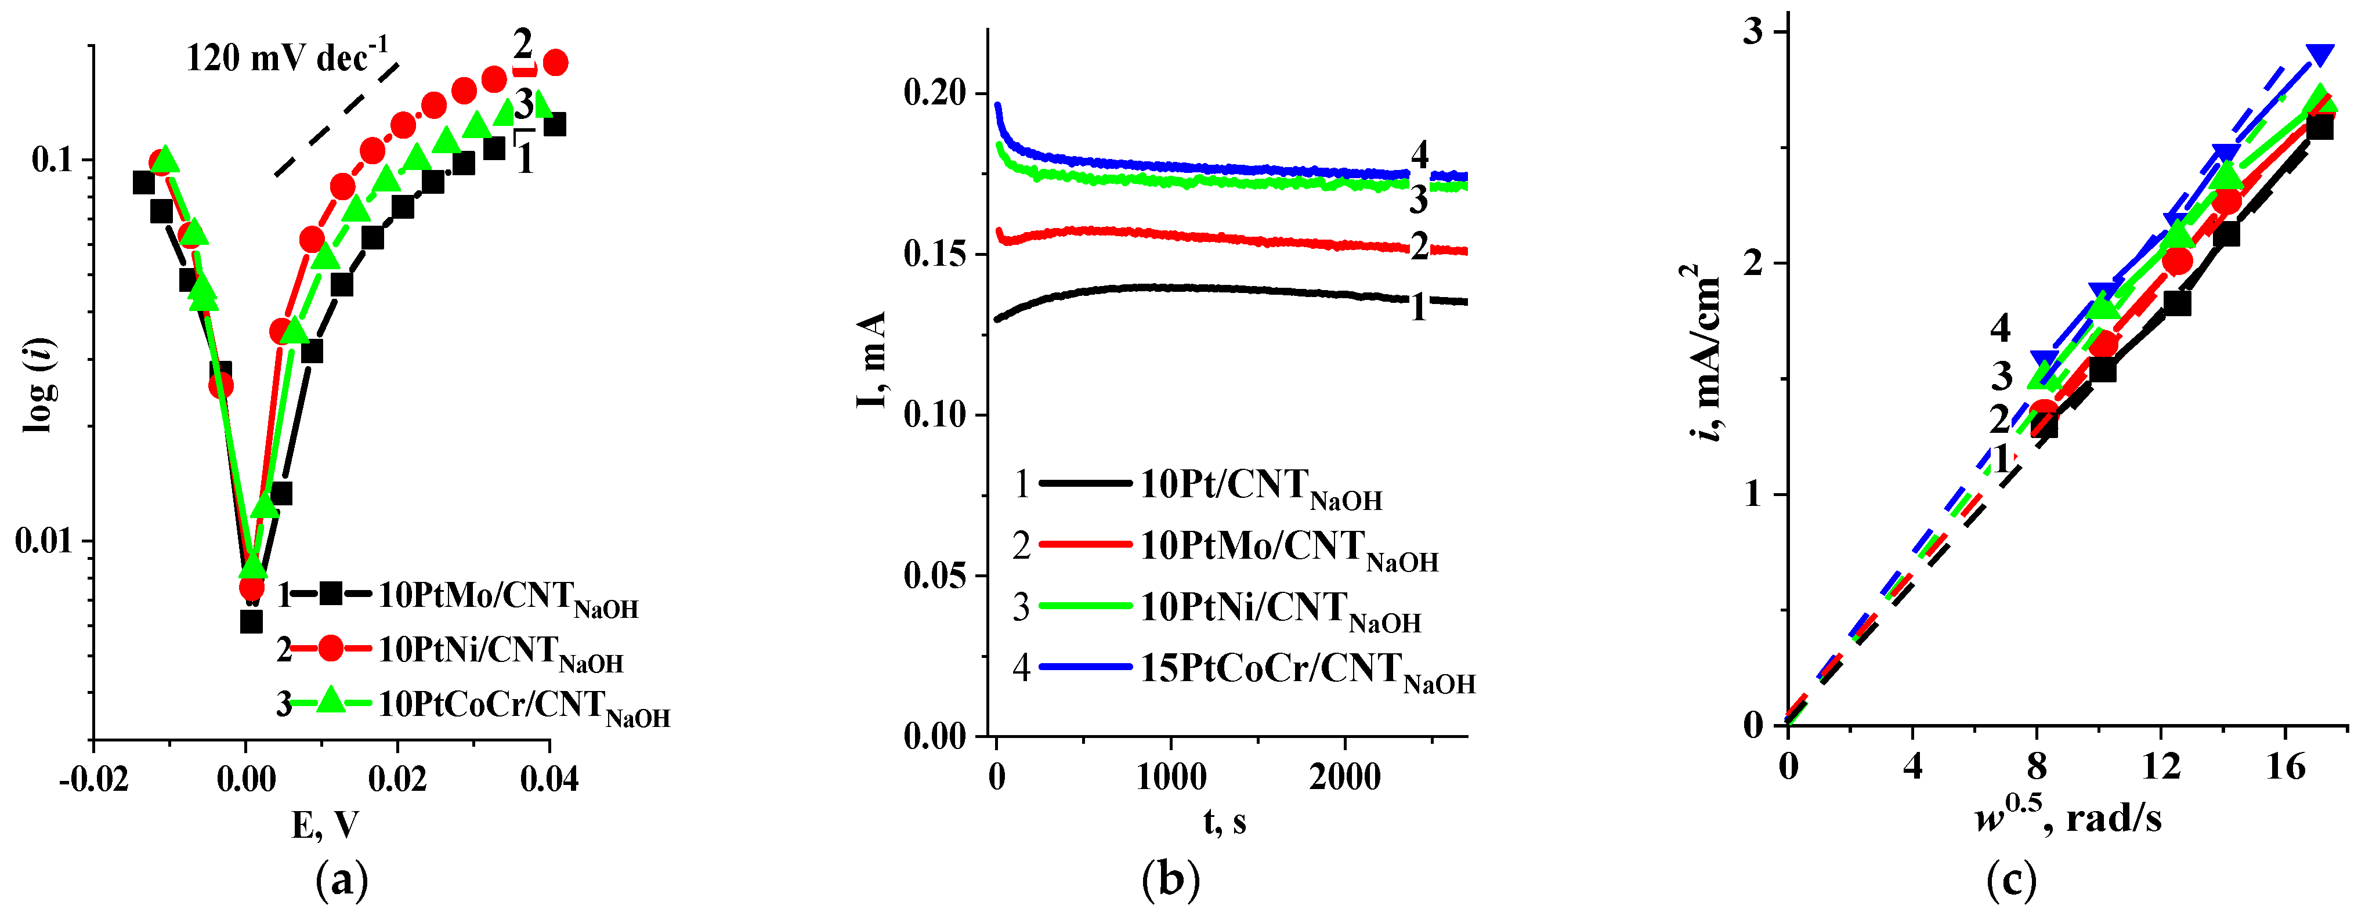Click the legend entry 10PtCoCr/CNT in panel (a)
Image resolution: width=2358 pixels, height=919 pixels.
pos(523,705)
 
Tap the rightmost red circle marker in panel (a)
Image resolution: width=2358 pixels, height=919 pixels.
pos(555,62)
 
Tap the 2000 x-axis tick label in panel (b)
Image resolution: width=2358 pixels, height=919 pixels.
pos(1345,778)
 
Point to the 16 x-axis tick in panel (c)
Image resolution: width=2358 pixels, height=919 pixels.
pos(2285,767)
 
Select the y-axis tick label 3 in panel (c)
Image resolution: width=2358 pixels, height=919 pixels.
pos(1753,32)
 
